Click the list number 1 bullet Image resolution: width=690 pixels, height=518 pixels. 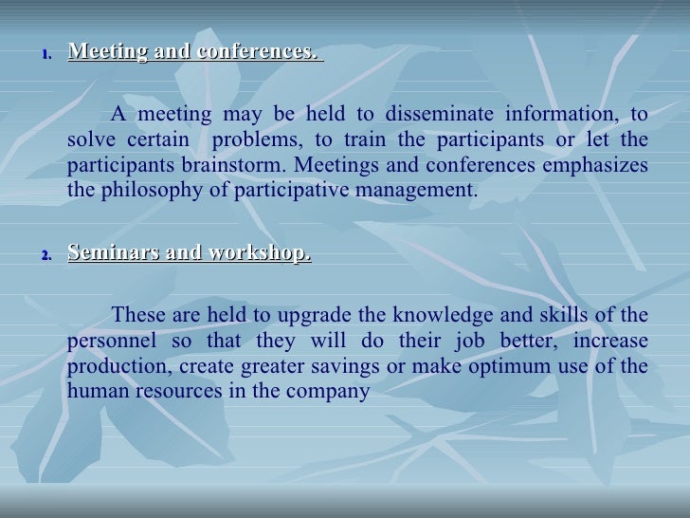pyautogui.click(x=45, y=53)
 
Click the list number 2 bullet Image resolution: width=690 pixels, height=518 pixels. pyautogui.click(x=45, y=256)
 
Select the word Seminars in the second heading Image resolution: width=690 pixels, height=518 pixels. pyautogui.click(x=106, y=254)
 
